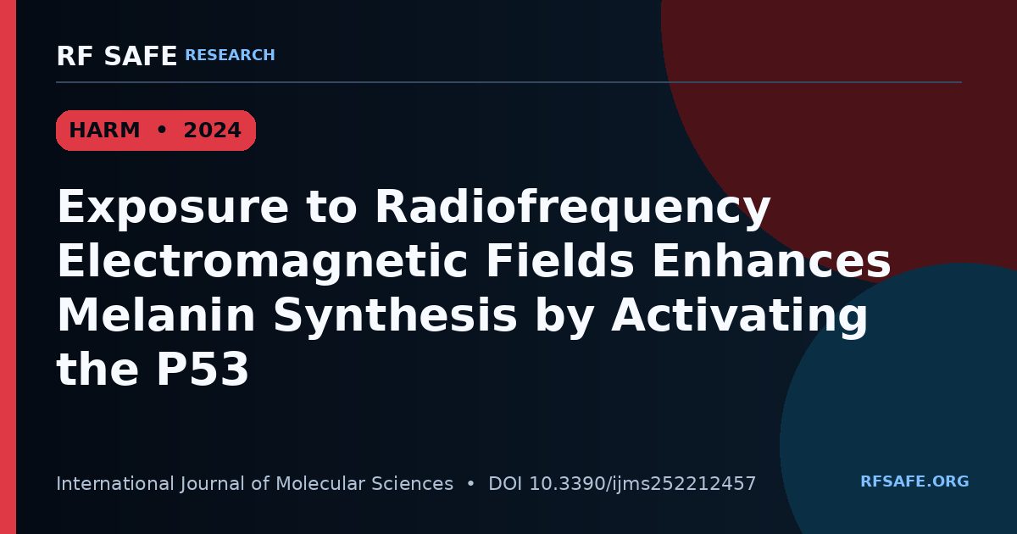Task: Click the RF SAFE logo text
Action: [117, 56]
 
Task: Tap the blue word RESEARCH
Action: [230, 55]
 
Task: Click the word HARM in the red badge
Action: [104, 131]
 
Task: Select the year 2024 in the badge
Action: [212, 131]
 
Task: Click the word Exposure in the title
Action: [173, 207]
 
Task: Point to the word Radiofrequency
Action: [573, 207]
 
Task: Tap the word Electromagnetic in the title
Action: [262, 262]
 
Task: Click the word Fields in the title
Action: [560, 260]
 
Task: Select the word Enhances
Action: [771, 260]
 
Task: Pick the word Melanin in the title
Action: [156, 314]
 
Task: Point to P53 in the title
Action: [202, 369]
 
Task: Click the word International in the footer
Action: [115, 484]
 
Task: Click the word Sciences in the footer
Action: [412, 484]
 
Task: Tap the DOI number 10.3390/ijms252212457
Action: [642, 484]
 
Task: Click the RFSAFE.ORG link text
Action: [914, 481]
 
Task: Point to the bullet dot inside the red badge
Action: [161, 130]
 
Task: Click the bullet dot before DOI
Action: [470, 484]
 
